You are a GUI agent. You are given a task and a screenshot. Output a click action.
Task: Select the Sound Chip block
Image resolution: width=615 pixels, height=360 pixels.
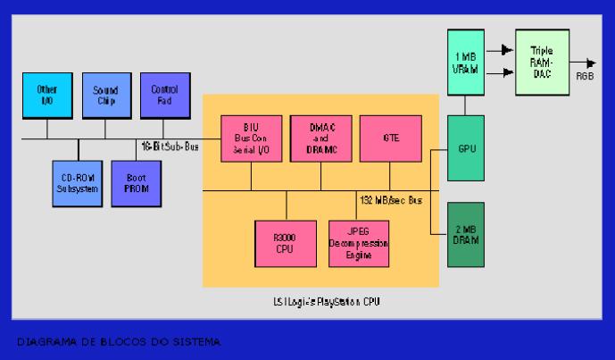pyautogui.click(x=105, y=95)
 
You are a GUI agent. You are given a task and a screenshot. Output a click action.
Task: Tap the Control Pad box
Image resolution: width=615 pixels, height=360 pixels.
pyautogui.click(x=163, y=95)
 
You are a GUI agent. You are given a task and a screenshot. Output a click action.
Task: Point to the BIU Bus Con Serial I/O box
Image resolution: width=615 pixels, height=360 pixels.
pyautogui.click(x=251, y=137)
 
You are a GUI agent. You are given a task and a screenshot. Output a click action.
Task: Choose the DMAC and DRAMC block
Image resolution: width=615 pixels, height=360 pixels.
pyautogui.click(x=320, y=137)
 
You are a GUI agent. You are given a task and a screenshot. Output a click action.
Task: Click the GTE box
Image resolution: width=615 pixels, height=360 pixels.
pyautogui.click(x=390, y=137)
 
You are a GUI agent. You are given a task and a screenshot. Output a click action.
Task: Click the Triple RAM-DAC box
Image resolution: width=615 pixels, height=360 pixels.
pyautogui.click(x=542, y=63)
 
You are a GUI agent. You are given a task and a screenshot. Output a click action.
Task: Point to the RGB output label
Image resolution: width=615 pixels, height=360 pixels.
pyautogui.click(x=586, y=78)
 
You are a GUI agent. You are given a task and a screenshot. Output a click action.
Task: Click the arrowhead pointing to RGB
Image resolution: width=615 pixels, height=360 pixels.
pyautogui.click(x=591, y=63)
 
